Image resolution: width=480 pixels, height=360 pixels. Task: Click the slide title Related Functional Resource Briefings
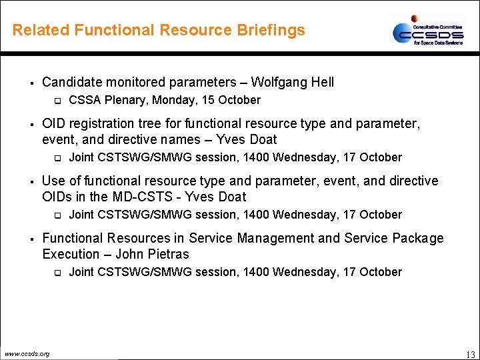[x=159, y=30]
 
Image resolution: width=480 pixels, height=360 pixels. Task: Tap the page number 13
[x=470, y=354]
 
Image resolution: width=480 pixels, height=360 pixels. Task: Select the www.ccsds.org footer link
[x=27, y=353]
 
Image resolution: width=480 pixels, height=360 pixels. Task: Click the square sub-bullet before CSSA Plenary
[x=57, y=101]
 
